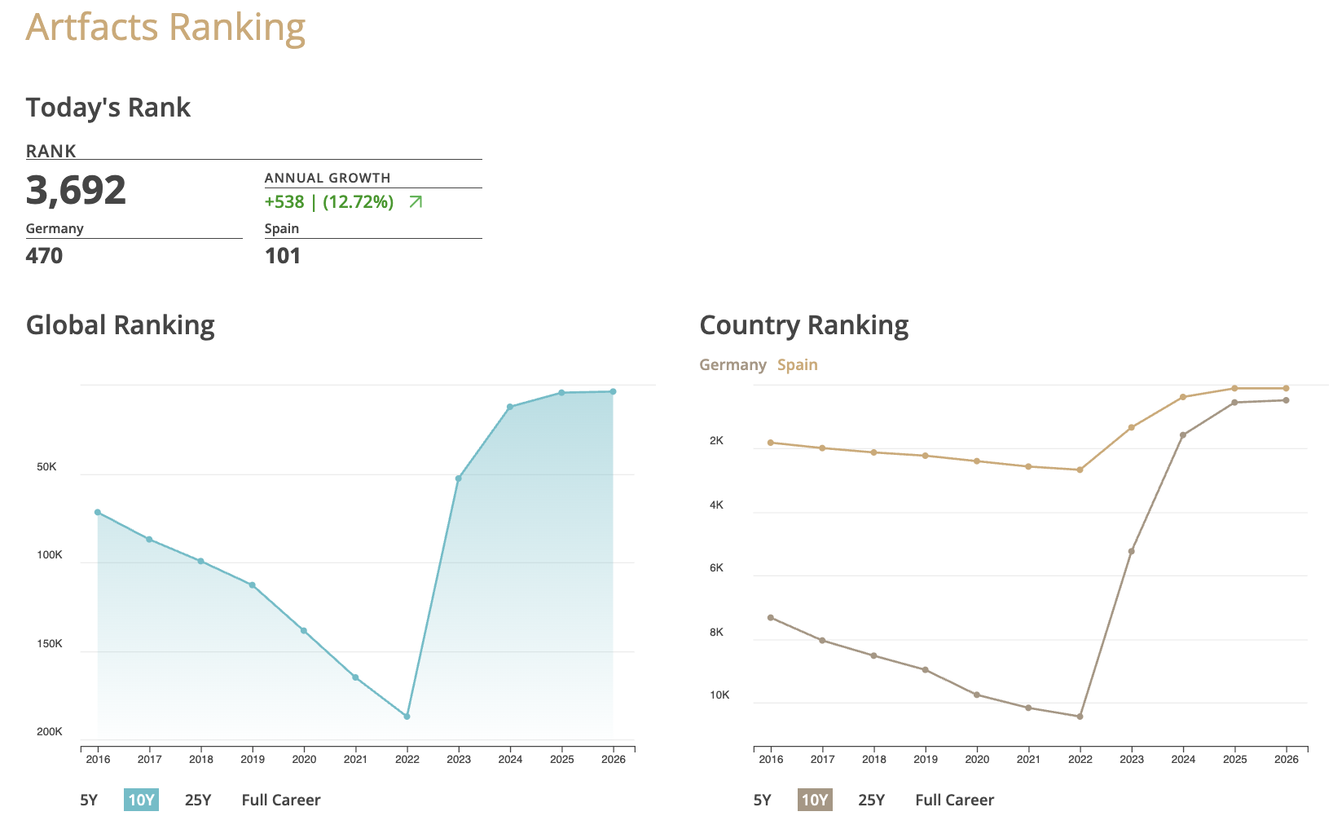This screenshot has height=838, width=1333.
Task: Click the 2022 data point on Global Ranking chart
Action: coord(407,717)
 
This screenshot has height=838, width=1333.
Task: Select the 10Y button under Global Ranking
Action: coord(141,800)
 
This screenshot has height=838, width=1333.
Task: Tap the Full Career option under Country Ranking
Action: coord(954,800)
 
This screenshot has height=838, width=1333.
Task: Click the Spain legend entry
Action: coord(797,365)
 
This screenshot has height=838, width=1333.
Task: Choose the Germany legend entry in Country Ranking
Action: coord(732,365)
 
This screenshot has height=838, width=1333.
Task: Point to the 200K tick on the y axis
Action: coord(50,732)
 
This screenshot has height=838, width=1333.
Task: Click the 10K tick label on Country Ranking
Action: coord(719,695)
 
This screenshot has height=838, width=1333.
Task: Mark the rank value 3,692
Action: coord(76,190)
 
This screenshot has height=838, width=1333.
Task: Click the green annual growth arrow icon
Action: coord(416,202)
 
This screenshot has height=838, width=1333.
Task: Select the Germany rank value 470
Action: coord(44,256)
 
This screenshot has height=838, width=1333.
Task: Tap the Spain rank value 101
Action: coord(283,256)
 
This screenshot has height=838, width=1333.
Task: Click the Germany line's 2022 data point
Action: coord(1080,717)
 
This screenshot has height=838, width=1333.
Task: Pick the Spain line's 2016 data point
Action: coord(771,443)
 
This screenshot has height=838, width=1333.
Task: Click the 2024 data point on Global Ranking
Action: coord(510,407)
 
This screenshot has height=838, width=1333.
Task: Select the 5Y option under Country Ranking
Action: coord(762,800)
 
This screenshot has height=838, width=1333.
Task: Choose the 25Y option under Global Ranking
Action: coord(198,800)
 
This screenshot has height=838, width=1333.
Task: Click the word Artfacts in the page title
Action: coord(92,27)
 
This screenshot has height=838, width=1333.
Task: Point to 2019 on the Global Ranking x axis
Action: coord(253,760)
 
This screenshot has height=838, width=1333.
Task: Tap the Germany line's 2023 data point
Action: coord(1131,551)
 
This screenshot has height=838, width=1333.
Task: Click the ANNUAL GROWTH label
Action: coord(328,178)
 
